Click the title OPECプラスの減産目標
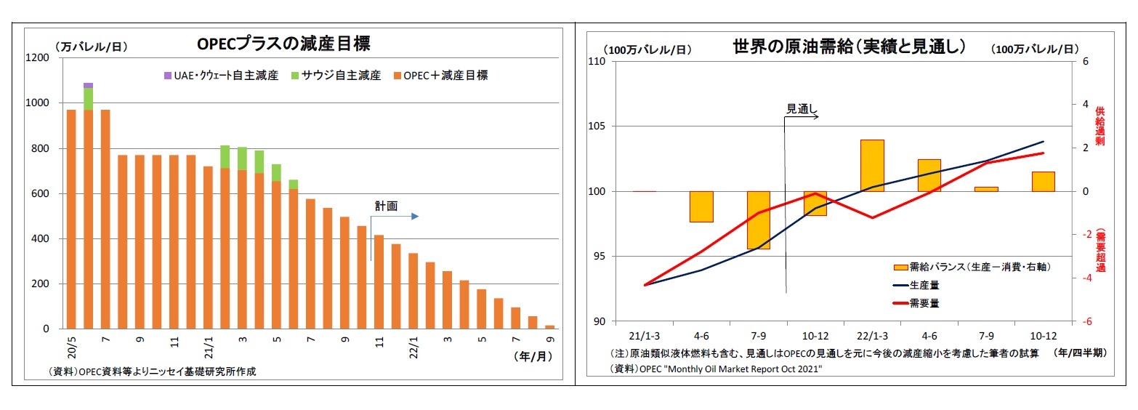coord(283,44)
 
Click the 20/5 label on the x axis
coord(71,341)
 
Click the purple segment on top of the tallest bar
coord(88,86)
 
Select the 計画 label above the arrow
coord(386,206)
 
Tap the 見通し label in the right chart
coord(802,109)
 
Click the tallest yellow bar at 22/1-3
coord(872,165)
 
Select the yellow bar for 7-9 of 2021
coord(759,220)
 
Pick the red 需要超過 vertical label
coord(1099,251)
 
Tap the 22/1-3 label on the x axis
coord(872,337)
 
